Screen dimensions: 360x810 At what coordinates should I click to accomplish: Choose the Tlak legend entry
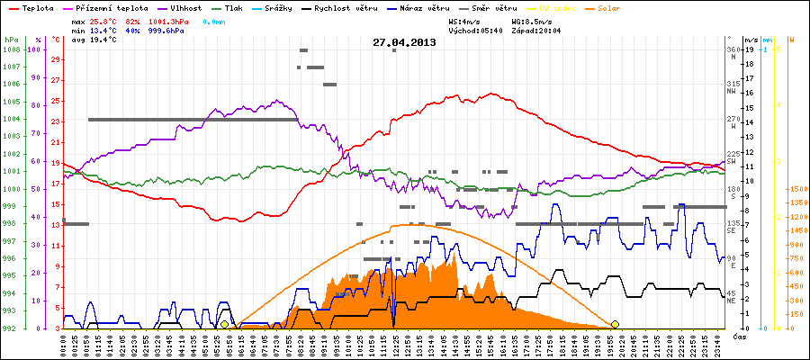point(239,7)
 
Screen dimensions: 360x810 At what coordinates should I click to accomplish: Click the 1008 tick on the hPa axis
point(12,49)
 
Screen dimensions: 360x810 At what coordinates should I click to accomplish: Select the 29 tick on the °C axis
point(56,59)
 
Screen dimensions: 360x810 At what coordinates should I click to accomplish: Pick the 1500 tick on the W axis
point(798,189)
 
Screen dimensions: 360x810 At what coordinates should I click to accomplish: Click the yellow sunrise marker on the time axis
point(224,324)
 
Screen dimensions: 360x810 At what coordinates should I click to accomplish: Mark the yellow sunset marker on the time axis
point(615,324)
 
